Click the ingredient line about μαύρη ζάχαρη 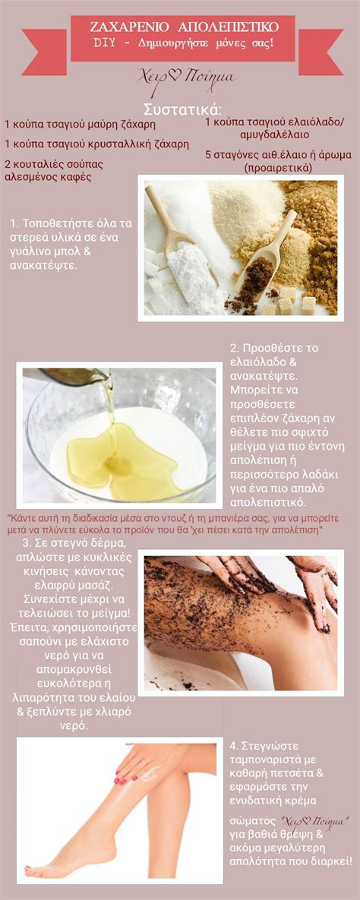(80, 125)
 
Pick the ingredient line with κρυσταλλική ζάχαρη (96, 144)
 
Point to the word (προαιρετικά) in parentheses (277, 168)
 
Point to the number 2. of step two (234, 349)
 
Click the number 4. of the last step (234, 746)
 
